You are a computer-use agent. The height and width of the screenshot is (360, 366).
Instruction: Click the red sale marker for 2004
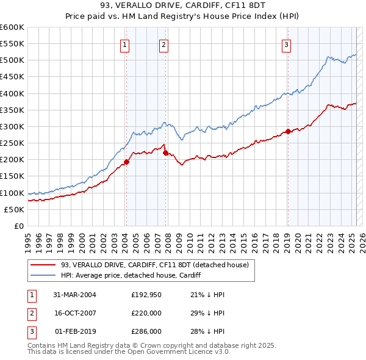127,162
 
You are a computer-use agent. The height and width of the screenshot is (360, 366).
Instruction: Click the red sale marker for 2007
165,153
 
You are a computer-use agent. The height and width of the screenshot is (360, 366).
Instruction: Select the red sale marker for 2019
287,131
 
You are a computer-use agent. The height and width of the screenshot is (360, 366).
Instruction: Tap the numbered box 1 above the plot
124,44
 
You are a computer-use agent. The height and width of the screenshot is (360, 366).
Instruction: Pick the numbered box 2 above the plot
164,44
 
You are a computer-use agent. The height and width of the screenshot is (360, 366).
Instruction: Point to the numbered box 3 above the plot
286,44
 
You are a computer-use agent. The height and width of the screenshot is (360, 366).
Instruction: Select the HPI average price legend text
131,276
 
